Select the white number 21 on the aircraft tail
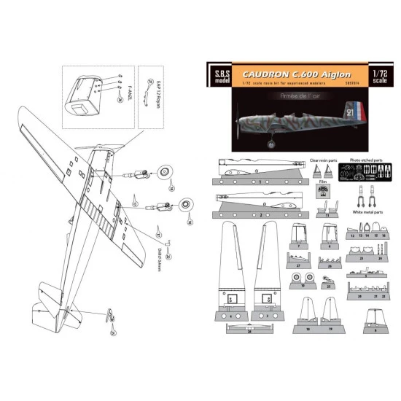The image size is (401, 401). click(x=350, y=114)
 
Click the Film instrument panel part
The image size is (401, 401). click(x=322, y=188)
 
